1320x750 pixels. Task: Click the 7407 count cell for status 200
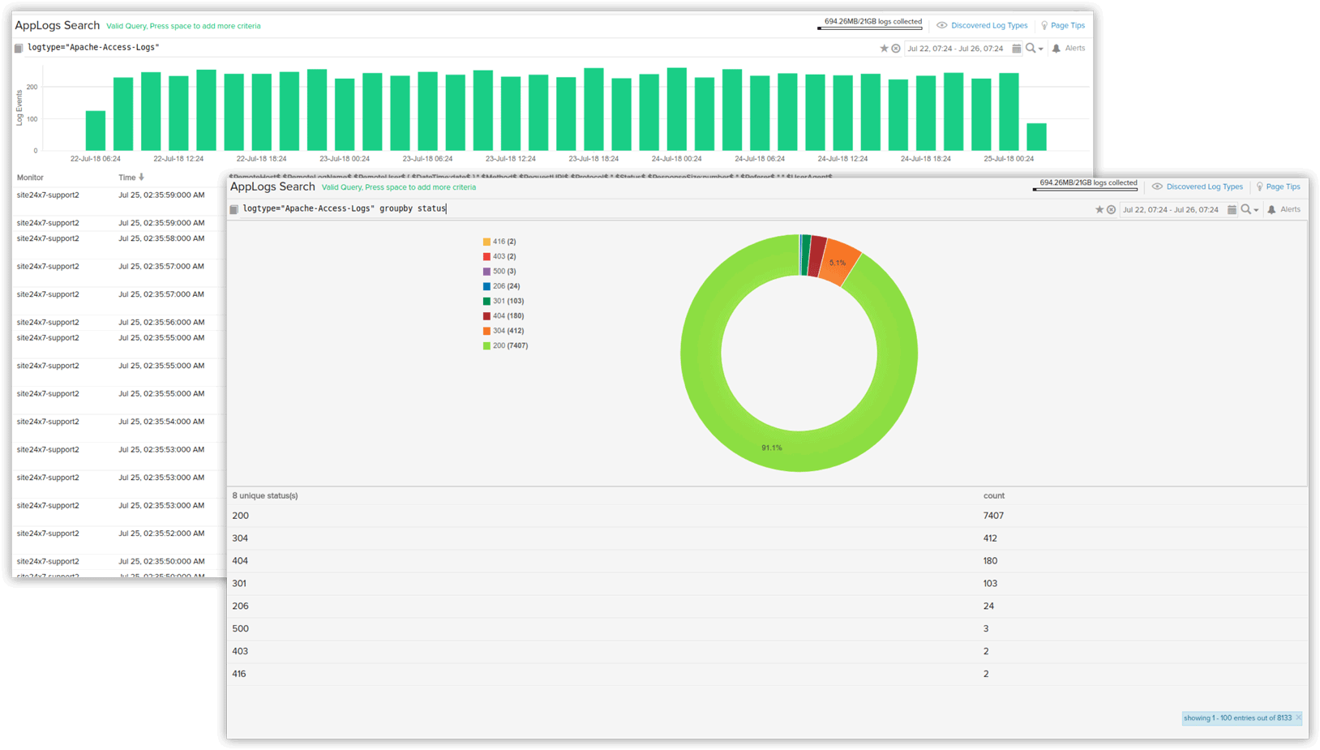(x=993, y=516)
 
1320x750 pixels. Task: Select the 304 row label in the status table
(x=240, y=538)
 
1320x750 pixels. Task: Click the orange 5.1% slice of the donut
(x=839, y=264)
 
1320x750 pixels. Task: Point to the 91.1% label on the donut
(x=772, y=448)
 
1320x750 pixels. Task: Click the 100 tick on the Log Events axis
(x=32, y=119)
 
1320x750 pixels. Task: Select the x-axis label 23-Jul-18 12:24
(x=510, y=159)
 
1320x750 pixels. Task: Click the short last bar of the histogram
(x=1036, y=137)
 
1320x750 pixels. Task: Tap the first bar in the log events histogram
(x=96, y=131)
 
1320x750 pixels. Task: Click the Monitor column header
(x=30, y=178)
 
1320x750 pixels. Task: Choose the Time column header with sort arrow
(x=131, y=178)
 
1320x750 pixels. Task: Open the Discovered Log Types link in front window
(x=1204, y=187)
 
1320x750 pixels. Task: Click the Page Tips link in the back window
(x=1067, y=26)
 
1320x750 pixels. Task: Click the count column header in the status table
(x=994, y=495)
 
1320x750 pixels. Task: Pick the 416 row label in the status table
(x=239, y=674)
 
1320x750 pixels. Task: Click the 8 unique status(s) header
(x=265, y=495)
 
